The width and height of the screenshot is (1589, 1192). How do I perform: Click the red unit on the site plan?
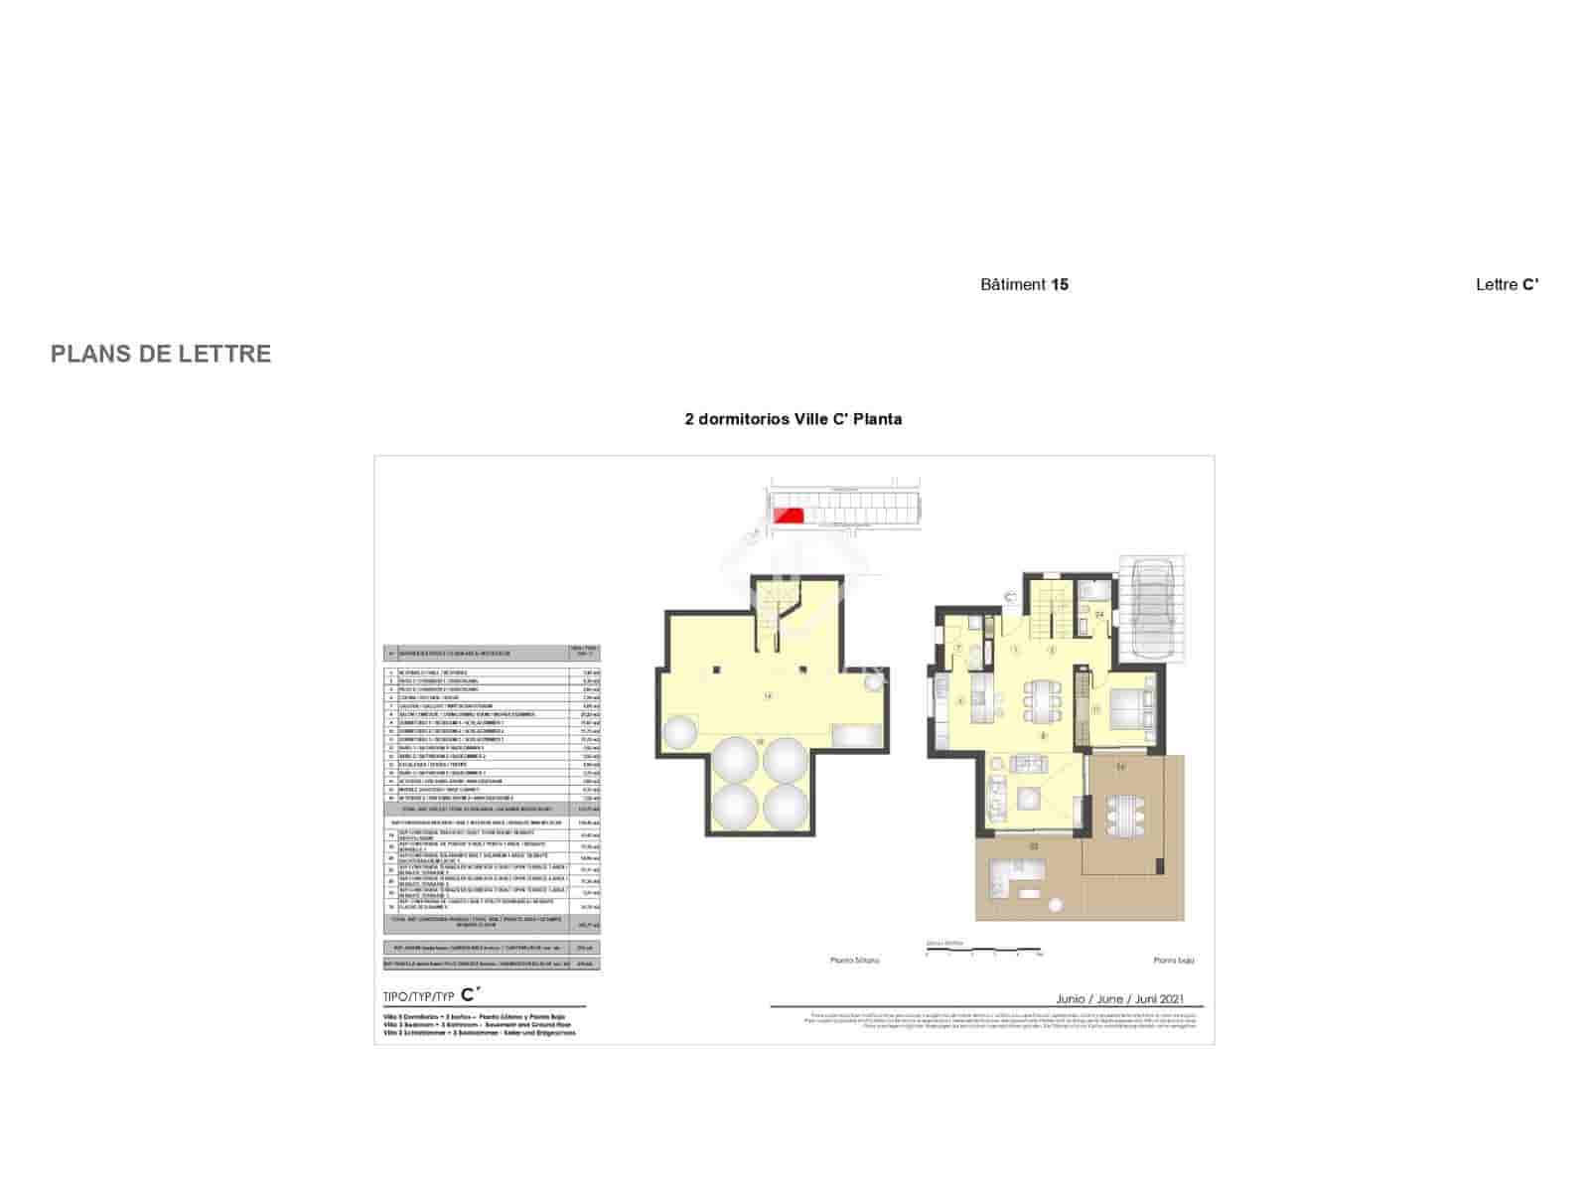(789, 515)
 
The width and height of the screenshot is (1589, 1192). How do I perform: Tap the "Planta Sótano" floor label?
(855, 961)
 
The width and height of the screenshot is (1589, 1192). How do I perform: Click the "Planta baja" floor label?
(1173, 961)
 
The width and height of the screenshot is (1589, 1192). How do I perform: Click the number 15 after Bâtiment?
(1060, 285)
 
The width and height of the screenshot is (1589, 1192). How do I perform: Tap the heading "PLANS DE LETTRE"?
(161, 355)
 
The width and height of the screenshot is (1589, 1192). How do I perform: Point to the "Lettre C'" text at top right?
(1507, 285)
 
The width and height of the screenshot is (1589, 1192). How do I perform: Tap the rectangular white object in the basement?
(855, 736)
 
